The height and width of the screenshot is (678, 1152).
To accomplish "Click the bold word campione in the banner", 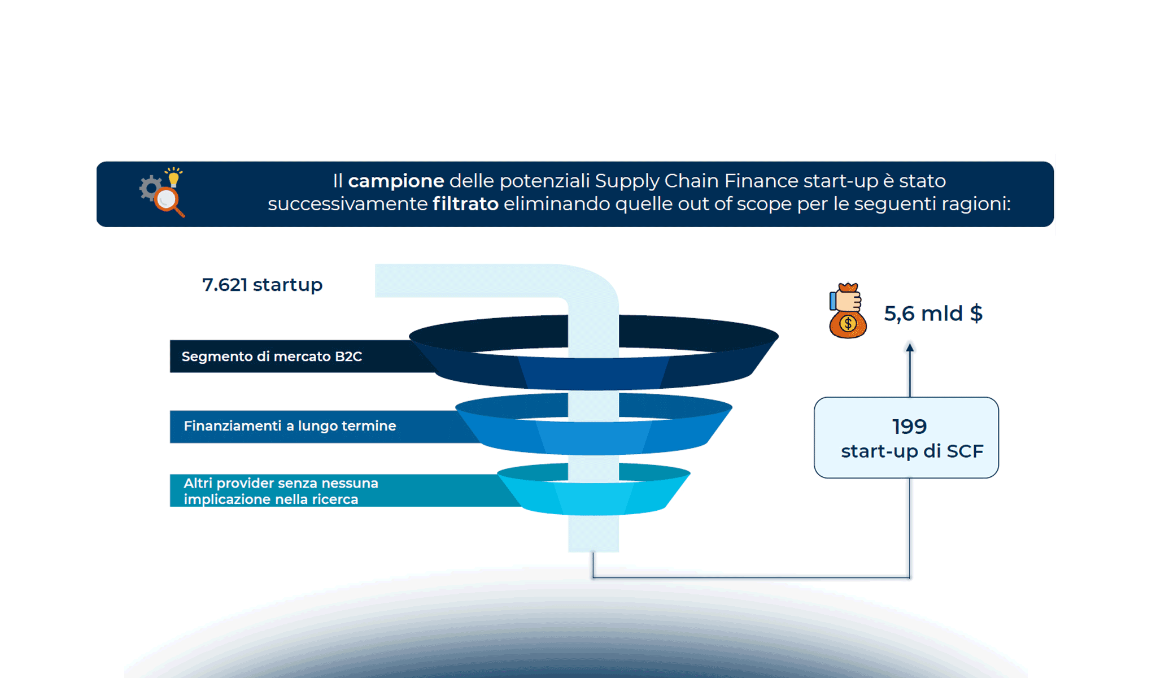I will tap(396, 181).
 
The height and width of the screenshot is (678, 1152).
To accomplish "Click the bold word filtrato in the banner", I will tap(465, 204).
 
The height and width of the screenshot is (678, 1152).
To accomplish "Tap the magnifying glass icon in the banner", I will tap(168, 200).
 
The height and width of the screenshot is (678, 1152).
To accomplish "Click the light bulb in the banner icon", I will tap(174, 178).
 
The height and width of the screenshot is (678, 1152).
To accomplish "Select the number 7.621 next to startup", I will tap(225, 285).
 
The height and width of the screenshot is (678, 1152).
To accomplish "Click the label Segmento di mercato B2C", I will tap(272, 357).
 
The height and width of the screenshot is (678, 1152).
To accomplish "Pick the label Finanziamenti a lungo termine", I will tap(290, 426).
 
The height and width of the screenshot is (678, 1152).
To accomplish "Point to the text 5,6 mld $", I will tap(933, 314).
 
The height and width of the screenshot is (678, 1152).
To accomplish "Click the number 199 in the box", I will tap(909, 427).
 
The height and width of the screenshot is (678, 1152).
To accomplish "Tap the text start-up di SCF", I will tap(912, 451).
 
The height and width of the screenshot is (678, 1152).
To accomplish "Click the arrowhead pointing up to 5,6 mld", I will tap(910, 347).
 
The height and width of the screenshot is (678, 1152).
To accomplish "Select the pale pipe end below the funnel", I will tap(593, 537).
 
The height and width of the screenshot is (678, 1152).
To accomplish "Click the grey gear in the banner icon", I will tap(150, 188).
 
